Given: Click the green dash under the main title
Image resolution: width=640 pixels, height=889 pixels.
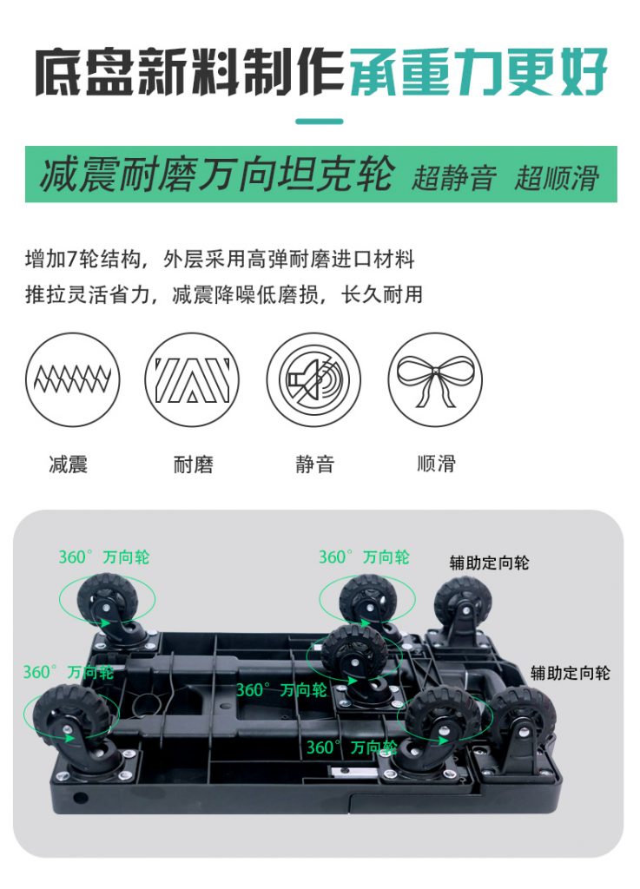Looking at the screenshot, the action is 320,121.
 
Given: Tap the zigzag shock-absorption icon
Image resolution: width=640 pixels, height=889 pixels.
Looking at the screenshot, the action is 73,379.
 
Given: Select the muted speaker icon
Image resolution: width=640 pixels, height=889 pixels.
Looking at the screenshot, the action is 313,379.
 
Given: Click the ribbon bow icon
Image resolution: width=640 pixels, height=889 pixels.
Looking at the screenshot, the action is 435,379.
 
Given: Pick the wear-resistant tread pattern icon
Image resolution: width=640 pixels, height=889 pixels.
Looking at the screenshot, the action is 192,379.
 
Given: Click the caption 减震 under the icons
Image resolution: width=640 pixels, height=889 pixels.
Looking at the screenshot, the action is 69,464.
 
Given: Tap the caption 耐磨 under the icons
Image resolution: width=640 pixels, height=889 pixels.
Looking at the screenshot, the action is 194,464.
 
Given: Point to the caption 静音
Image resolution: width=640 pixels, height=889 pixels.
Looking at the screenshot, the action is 314,464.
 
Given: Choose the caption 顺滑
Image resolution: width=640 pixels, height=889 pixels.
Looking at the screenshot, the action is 436,464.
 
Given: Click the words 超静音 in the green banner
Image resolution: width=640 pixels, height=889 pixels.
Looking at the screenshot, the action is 454,177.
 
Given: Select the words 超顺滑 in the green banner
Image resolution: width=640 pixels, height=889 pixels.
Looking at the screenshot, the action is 557,177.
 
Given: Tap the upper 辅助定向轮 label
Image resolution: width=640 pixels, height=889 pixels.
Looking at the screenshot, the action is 489,563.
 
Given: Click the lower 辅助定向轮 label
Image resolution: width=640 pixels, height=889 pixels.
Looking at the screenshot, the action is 571,673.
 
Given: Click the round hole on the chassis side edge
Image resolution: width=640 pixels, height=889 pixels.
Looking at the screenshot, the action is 81,798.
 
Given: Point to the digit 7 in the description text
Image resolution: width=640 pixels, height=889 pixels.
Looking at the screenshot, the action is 72,260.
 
